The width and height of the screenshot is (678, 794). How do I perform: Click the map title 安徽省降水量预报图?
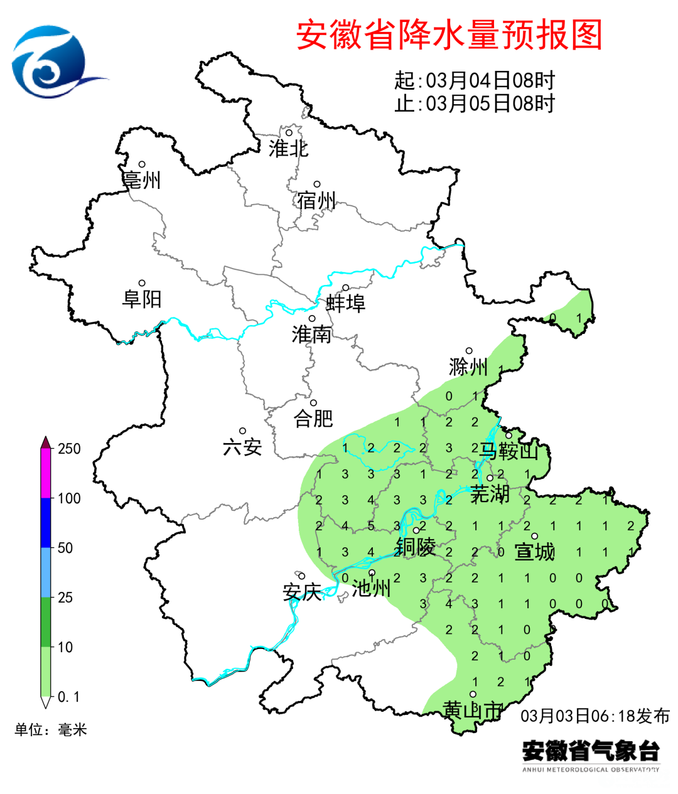[449, 35]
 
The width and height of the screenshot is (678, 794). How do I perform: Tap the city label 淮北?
[288, 149]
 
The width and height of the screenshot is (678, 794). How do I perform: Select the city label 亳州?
[142, 181]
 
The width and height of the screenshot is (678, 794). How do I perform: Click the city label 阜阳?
[142, 299]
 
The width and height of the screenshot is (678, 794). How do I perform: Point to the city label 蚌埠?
[345, 304]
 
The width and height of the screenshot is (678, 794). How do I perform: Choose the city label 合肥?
[313, 419]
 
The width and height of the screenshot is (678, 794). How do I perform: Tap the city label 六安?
[242, 448]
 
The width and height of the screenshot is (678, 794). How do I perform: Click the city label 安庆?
[302, 592]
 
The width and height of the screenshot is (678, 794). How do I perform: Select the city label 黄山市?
[472, 711]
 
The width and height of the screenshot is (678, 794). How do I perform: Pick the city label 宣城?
[534, 552]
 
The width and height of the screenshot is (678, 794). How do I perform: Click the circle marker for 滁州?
[468, 351]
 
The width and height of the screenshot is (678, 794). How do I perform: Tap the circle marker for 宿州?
[317, 185]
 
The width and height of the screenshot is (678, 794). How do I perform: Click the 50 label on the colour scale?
[65, 548]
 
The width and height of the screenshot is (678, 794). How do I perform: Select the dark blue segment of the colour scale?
[45, 523]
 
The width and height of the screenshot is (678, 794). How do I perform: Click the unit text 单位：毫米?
[51, 730]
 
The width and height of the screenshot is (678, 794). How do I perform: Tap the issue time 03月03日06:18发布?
[595, 716]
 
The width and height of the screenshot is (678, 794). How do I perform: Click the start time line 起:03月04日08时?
[475, 80]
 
